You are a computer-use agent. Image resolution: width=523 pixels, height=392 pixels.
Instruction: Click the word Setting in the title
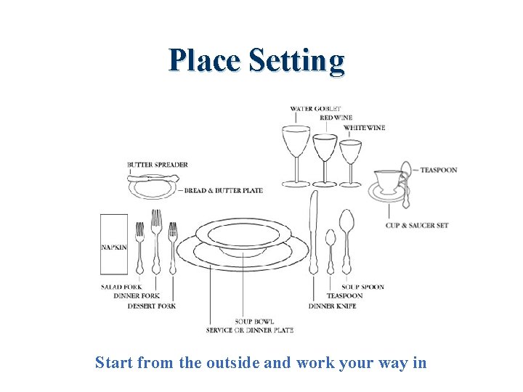point(296,61)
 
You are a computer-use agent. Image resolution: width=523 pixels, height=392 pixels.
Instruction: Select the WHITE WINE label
point(365,128)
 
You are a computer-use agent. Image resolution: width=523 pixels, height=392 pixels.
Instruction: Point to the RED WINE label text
point(336,118)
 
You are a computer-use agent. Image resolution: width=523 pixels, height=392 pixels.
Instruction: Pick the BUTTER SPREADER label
point(158,165)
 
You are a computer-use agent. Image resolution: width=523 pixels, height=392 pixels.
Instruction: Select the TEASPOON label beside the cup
point(439,170)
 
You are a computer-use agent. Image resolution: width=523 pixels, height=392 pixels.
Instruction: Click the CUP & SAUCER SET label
point(417,225)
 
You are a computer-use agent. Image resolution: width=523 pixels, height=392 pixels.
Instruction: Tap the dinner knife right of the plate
point(314,232)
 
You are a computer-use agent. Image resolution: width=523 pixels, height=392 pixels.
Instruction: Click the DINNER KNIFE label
point(332,306)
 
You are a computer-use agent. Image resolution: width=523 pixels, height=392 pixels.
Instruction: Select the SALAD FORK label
point(121,287)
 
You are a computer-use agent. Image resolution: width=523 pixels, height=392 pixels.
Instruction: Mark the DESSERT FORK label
point(151,306)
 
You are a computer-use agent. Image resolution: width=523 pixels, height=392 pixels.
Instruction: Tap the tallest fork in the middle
point(156,240)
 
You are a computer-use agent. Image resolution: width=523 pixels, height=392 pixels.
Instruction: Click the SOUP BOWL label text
point(254,322)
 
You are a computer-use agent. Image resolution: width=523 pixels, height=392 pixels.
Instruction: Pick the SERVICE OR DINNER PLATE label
point(250,330)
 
